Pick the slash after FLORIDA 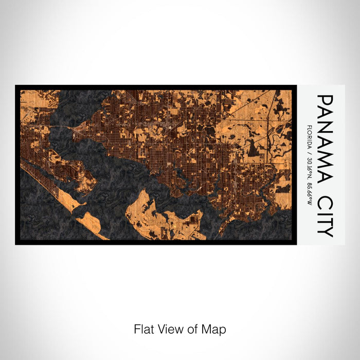click(x=308, y=152)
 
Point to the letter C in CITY click(x=325, y=203)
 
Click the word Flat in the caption click(x=143, y=329)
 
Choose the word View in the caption click(x=168, y=329)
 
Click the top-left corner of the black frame click(x=16, y=86)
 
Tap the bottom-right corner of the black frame click(x=296, y=244)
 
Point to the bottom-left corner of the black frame click(x=16, y=244)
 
